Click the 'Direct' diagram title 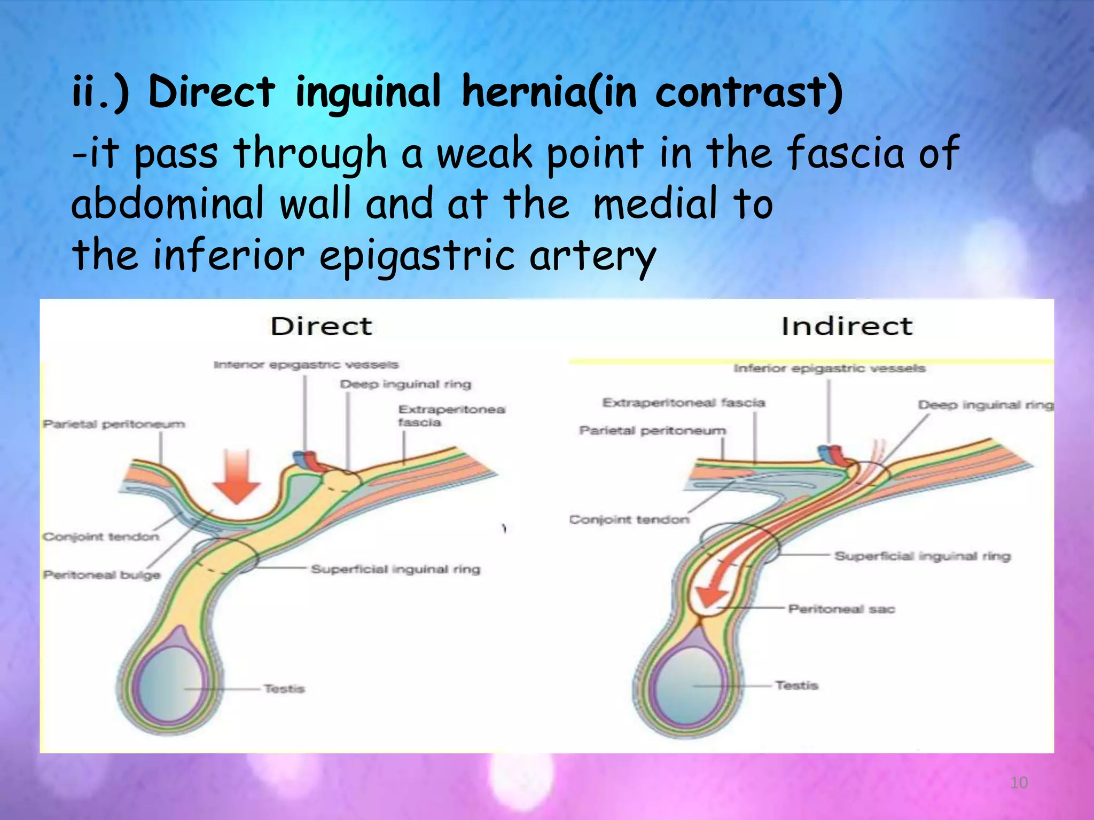click(321, 326)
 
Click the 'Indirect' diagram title click(847, 326)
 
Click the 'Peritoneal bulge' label click(101, 575)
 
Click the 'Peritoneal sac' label click(841, 609)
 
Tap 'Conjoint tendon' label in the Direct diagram click(101, 537)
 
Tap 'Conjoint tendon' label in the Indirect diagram click(629, 519)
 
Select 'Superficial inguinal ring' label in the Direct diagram click(395, 569)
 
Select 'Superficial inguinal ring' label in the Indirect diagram click(923, 556)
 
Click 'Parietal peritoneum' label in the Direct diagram click(114, 424)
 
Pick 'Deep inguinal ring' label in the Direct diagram click(405, 384)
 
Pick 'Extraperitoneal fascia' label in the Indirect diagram click(684, 403)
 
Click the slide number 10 click(1019, 783)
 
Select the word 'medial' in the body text click(655, 204)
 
